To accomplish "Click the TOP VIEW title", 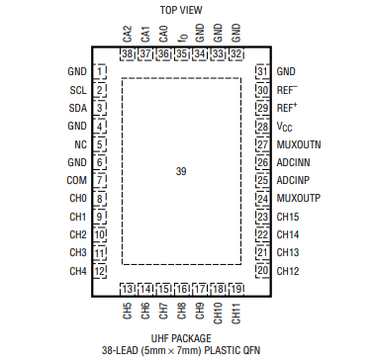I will (181, 8).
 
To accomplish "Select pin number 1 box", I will (100, 71).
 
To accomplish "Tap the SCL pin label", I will (77, 89).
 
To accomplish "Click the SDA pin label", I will (77, 107).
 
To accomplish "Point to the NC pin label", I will (79, 143).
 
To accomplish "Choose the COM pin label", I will (76, 180).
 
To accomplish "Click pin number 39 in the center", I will (181, 171).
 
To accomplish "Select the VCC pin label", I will (286, 126).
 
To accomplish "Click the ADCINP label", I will (294, 180).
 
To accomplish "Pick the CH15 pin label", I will (288, 217).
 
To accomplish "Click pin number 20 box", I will (262, 270).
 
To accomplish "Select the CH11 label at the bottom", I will (235, 314).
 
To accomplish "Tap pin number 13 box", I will (127, 288).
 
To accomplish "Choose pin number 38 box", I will (127, 53).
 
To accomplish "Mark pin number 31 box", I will (262, 71).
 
